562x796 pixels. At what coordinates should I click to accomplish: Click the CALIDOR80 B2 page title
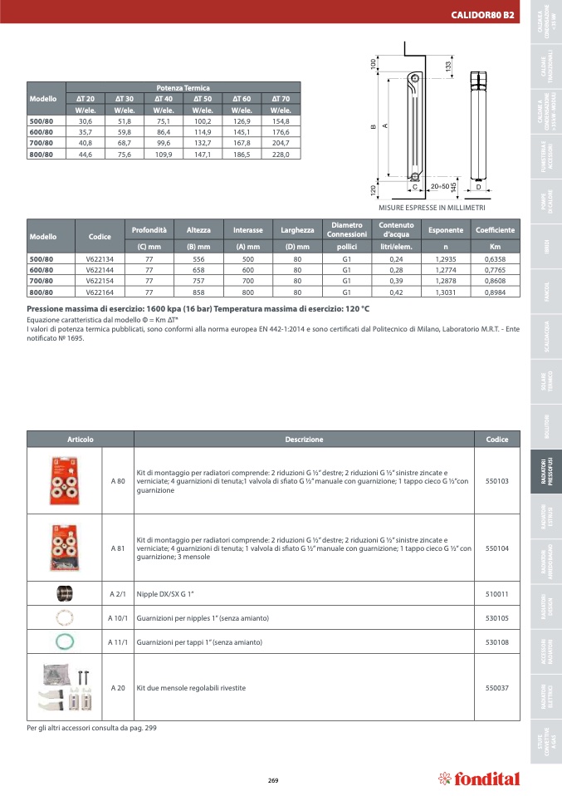481,14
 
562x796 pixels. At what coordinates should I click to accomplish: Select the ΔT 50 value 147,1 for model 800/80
202,154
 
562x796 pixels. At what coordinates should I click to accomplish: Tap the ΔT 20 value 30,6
85,121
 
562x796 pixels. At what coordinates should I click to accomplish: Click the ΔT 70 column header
280,99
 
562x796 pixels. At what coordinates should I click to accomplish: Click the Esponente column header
445,230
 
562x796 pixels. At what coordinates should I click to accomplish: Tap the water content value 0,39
396,281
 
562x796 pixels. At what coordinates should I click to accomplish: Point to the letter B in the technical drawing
373,126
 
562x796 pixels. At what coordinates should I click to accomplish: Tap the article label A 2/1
117,594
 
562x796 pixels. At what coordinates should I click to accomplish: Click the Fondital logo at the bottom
480,779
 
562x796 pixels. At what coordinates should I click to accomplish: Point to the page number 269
273,779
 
